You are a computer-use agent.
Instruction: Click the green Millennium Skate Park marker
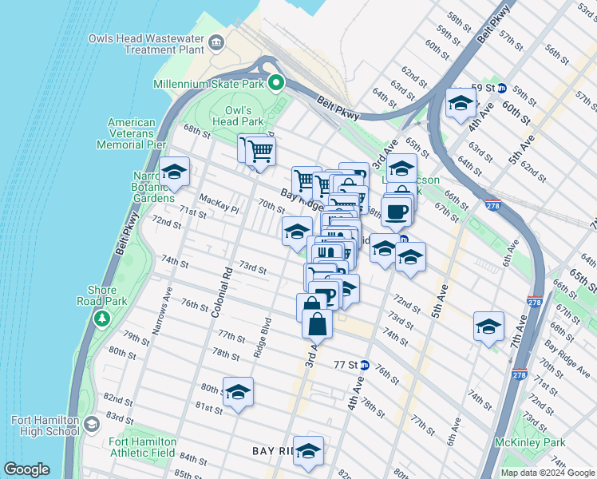pos(276,83)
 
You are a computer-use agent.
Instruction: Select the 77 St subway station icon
pos(365,365)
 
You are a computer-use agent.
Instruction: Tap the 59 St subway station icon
pos(502,88)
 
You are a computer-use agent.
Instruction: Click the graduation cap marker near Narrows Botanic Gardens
pos(174,171)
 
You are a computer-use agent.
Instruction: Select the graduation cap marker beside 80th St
pos(238,392)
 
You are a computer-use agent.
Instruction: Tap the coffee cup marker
pos(397,212)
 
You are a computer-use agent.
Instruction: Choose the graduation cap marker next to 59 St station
pos(461,103)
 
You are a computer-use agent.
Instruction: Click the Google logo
pos(27,469)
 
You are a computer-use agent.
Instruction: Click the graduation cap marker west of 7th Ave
pos(488,327)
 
